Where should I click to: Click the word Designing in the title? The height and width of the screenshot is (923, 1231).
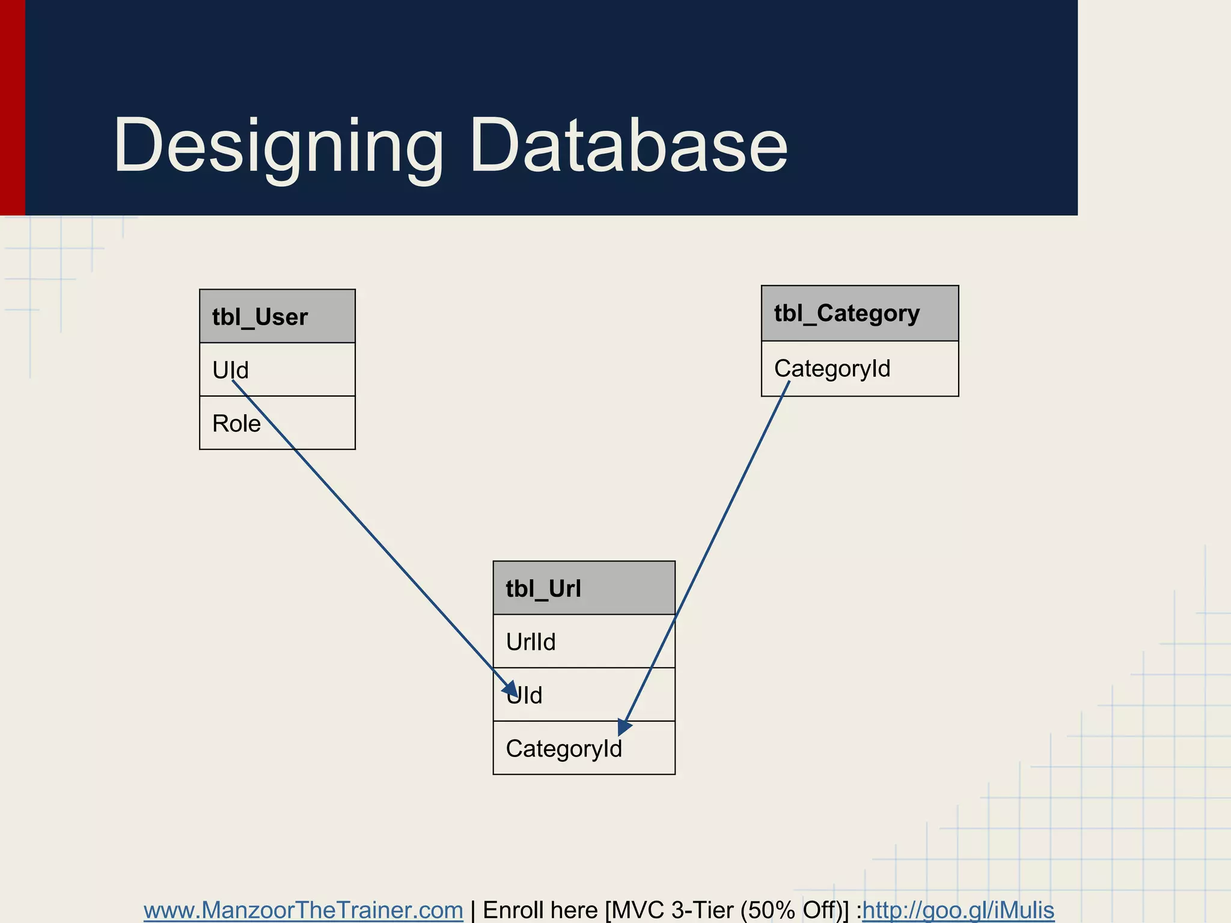click(278, 146)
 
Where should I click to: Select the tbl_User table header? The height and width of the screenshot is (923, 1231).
click(277, 317)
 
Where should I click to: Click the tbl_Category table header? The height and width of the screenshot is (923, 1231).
click(859, 313)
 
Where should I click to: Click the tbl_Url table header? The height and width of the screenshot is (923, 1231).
click(583, 588)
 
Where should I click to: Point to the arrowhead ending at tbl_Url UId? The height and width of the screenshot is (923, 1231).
click(511, 689)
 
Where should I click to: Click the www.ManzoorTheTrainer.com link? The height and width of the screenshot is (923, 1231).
click(303, 910)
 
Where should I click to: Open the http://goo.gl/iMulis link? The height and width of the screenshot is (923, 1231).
click(958, 910)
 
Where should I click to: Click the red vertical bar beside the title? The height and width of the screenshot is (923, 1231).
click(12, 108)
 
